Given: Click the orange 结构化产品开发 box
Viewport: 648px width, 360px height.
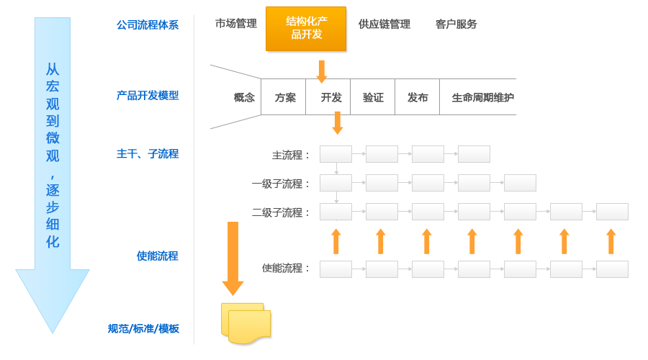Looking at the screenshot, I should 305,29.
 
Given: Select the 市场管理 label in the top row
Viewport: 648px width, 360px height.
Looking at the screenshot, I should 235,24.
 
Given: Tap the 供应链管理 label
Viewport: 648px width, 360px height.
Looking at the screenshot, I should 384,24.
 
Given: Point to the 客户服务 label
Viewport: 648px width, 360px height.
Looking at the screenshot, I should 456,24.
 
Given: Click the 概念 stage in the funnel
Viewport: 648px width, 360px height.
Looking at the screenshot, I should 244,97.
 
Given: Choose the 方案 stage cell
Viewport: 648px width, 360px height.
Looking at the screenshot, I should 284,97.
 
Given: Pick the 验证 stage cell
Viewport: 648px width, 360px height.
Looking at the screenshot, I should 373,97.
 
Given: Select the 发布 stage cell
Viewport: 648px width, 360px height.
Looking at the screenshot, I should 418,97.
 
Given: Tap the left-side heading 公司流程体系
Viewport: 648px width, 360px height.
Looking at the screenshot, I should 147,25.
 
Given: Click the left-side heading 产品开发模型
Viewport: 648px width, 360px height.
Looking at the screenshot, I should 147,96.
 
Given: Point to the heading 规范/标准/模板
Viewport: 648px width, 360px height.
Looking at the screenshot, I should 143,329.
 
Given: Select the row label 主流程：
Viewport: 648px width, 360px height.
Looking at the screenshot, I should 292,155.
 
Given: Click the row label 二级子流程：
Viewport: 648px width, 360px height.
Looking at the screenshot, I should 282,212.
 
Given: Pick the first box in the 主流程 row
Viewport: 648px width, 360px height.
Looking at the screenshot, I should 336,154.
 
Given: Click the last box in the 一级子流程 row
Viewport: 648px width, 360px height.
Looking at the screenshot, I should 520,183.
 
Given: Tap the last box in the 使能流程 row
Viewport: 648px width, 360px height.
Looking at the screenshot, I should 612,269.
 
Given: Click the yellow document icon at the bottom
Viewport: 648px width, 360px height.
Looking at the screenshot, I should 246,323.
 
